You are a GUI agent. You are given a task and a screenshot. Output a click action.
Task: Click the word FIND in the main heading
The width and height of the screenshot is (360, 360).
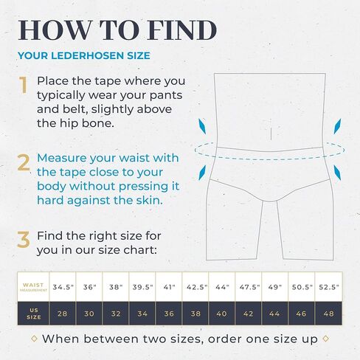[182, 30]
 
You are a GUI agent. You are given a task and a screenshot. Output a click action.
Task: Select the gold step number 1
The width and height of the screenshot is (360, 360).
[23, 85]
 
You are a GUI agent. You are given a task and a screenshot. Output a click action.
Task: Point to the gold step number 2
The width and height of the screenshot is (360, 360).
[24, 162]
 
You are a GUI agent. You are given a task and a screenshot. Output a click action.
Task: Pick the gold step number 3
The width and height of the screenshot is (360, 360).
[24, 239]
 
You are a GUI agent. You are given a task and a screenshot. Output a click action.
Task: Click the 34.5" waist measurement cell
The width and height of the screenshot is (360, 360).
[63, 287]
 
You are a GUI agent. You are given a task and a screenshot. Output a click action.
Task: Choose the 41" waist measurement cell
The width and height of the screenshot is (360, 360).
[169, 287]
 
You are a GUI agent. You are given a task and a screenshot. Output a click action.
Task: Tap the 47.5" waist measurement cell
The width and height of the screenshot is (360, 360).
[249, 287]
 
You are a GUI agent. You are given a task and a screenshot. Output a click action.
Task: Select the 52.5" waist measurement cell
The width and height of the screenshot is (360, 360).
[328, 287]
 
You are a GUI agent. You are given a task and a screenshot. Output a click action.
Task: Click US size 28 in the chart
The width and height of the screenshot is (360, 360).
[63, 314]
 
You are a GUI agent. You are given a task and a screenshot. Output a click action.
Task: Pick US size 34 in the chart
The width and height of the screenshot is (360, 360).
[142, 314]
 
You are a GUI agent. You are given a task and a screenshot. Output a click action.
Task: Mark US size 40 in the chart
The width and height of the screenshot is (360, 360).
[222, 314]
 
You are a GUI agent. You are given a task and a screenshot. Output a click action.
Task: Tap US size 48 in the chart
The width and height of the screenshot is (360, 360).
[328, 314]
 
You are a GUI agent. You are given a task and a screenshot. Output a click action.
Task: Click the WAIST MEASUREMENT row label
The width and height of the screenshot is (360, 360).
[33, 287]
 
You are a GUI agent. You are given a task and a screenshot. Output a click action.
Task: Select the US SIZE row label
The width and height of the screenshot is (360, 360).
[34, 314]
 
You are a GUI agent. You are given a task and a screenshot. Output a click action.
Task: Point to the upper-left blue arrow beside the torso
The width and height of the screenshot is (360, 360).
[202, 126]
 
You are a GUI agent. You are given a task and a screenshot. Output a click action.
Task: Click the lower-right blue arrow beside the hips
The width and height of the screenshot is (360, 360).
[337, 173]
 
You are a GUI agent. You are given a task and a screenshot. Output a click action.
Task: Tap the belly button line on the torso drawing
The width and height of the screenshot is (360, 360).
[271, 134]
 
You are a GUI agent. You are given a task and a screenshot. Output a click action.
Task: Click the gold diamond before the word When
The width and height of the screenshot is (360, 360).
[35, 339]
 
